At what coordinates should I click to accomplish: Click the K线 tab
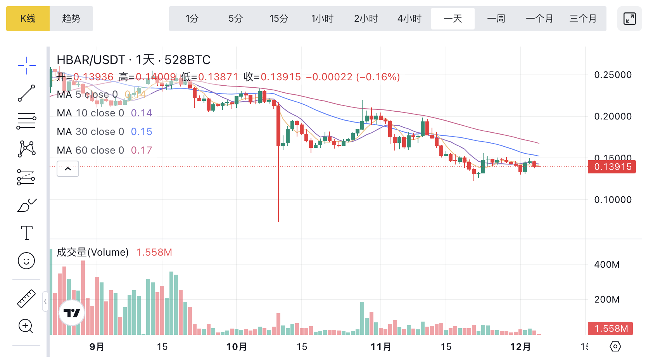tap(28, 19)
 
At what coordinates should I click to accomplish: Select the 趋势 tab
tap(71, 19)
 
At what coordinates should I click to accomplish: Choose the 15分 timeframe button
tap(279, 19)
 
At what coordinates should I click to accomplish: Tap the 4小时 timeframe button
tap(409, 19)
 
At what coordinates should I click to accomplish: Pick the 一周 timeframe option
tap(496, 19)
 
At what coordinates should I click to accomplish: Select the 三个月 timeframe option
tap(583, 19)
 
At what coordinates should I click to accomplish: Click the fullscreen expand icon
tap(629, 19)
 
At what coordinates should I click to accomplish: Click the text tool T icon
tap(26, 233)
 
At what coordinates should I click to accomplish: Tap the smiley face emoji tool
tap(26, 261)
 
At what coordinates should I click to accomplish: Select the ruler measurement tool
tap(26, 299)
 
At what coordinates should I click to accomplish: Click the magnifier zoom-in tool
tap(26, 326)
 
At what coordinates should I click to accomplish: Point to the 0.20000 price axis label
tap(613, 116)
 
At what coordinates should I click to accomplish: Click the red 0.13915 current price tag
tap(612, 167)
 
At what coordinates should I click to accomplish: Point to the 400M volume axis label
tap(606, 265)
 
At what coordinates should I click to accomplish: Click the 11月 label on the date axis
tap(380, 346)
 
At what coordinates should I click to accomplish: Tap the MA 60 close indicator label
tap(90, 150)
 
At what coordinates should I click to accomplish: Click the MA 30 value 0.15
tap(141, 132)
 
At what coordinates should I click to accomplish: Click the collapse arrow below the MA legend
tap(68, 169)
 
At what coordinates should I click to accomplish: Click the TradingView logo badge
tap(72, 313)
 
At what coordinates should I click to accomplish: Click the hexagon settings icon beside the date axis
tap(615, 346)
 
